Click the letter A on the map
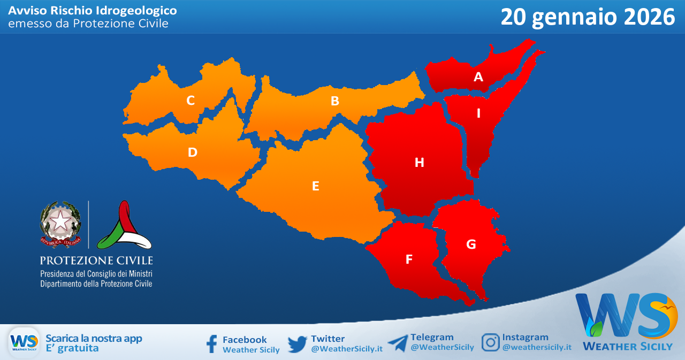point(478,77)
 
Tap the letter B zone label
point(335,101)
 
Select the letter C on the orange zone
point(191,100)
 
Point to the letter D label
point(193,152)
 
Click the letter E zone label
point(316,186)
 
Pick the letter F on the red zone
point(409,259)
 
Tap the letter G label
point(471,244)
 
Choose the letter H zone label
point(420,162)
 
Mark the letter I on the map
point(478,113)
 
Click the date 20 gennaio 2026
point(588,17)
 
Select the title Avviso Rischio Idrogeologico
point(93,10)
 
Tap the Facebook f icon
point(212,344)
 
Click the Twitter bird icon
point(297,344)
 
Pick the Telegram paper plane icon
point(398,343)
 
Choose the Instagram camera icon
point(490,342)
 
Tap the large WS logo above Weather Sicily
point(624,316)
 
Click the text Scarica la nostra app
point(94,338)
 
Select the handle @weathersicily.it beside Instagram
point(537,347)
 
